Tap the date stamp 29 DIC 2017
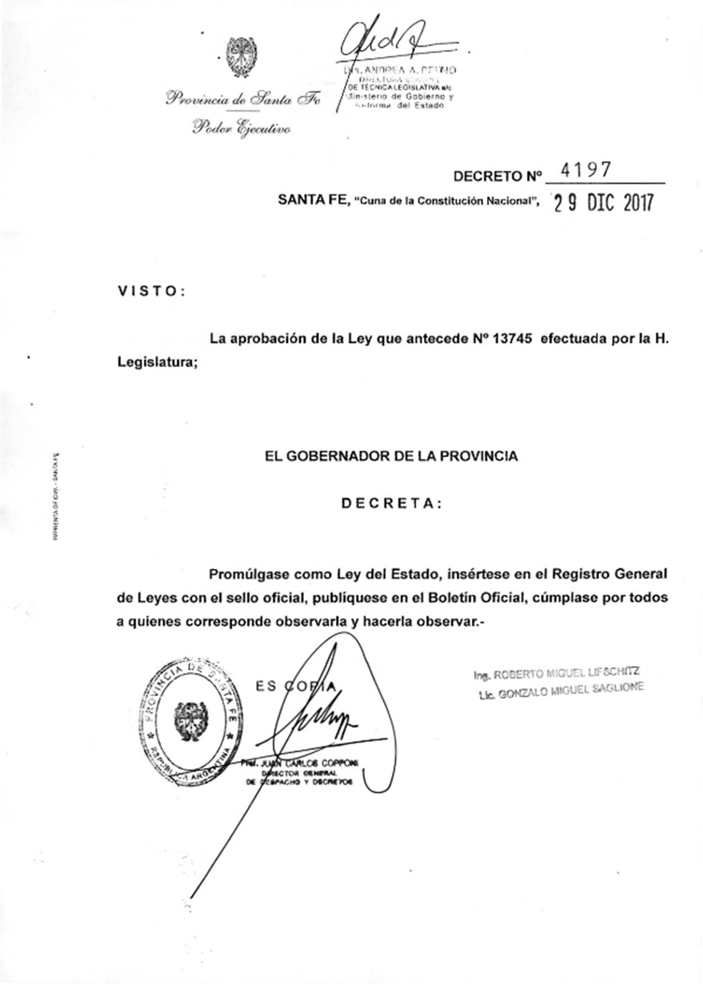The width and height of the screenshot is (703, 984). pos(603,202)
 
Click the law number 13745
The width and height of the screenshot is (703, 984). pos(513,339)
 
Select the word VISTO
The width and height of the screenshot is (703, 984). pos(151,291)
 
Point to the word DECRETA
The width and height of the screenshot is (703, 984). pos(391,504)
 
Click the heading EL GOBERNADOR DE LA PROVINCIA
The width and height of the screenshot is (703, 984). pos(391,457)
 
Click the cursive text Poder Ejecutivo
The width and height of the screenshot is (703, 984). pos(241,129)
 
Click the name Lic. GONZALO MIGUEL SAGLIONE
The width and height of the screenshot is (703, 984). pos(561,690)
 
